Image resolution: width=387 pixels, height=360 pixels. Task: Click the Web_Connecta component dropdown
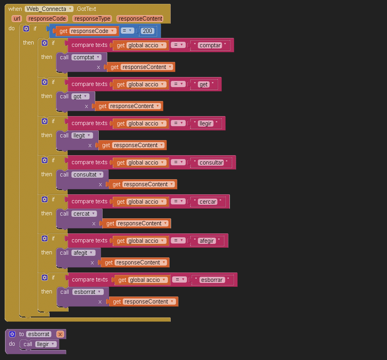point(49,9)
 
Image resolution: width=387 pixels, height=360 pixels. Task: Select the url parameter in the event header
point(17,19)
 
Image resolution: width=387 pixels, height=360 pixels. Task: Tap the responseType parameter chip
point(92,19)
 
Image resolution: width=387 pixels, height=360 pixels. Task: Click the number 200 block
point(147,31)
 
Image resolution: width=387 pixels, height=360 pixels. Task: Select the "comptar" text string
point(210,45)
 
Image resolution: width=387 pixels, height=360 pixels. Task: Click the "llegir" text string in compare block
point(205,123)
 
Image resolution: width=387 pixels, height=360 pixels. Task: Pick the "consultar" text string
point(211,163)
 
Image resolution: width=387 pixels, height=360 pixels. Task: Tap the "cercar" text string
point(208,202)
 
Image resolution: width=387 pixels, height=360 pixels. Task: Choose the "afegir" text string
point(207,241)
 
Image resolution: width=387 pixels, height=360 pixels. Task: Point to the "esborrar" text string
point(212,280)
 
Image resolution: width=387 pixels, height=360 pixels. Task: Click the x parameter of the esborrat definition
point(60,334)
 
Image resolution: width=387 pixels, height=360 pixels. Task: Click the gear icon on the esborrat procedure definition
point(12,334)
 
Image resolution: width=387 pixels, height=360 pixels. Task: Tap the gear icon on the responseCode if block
point(26,29)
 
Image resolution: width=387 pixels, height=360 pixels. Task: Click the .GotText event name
point(86,9)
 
